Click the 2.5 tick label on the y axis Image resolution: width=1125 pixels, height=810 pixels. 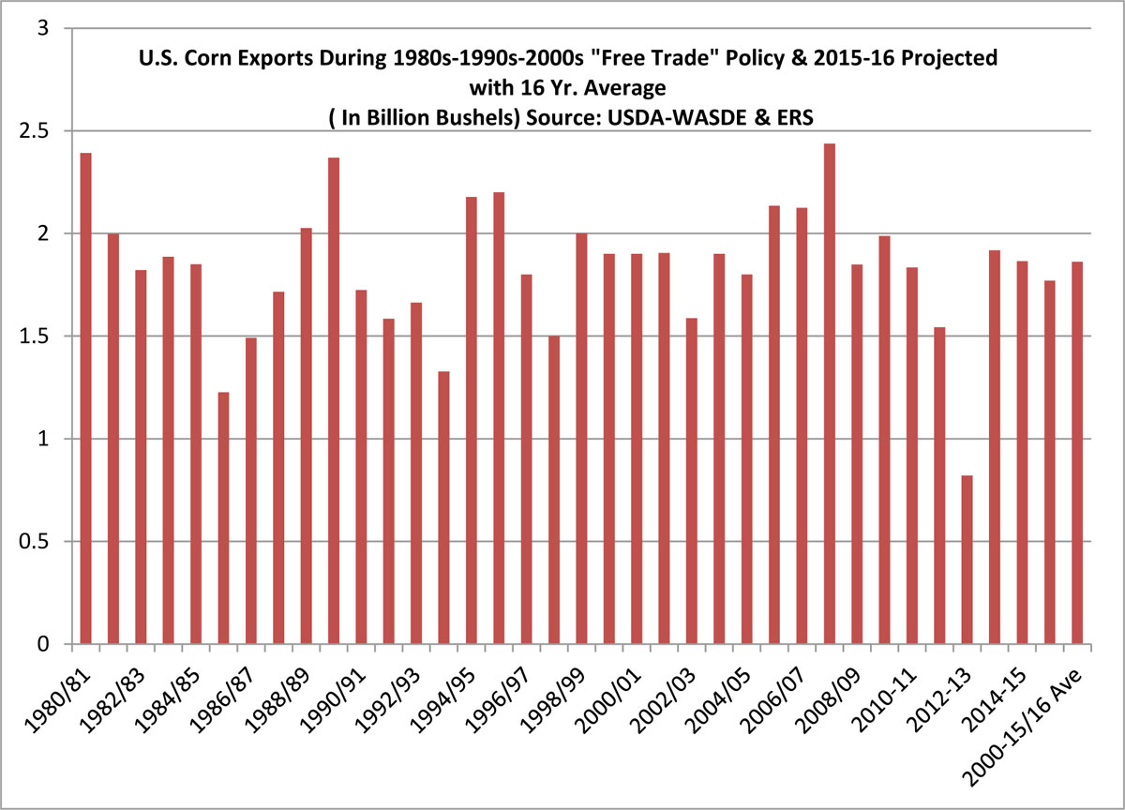point(42,131)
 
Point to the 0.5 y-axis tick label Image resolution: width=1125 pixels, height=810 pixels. point(42,543)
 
